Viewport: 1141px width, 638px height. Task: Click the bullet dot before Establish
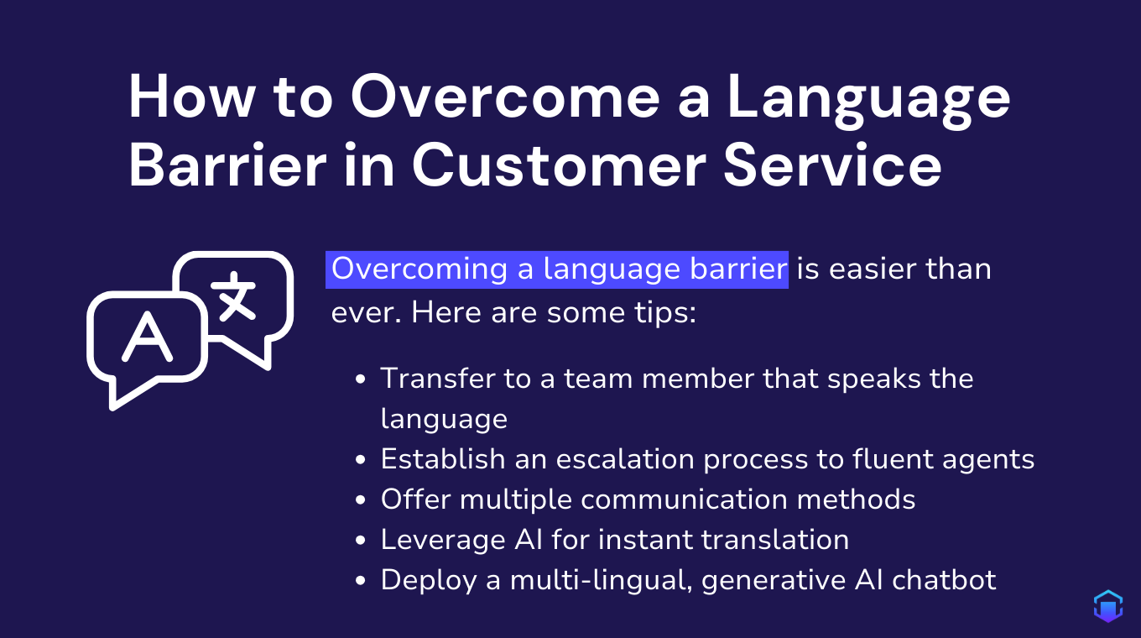click(361, 461)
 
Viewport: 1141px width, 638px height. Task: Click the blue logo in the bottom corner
click(1108, 606)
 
